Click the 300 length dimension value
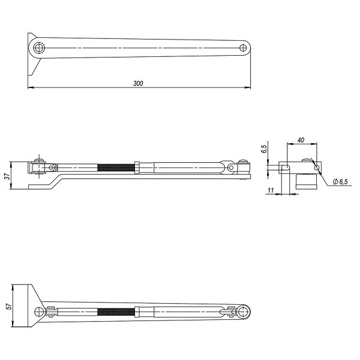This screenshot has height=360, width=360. coord(138,83)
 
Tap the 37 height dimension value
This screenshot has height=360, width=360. coord(8,176)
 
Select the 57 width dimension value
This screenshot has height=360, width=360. coord(9,306)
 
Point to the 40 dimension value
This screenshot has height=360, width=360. coord(301,140)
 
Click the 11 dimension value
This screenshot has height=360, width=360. coord(271,190)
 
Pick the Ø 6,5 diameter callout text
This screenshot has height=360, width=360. coord(340,182)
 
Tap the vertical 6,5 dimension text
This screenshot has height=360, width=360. coord(264,149)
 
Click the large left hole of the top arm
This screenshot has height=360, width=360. coord(38,48)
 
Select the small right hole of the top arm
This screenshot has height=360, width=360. coord(242,48)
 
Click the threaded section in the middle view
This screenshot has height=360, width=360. coord(116,167)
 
